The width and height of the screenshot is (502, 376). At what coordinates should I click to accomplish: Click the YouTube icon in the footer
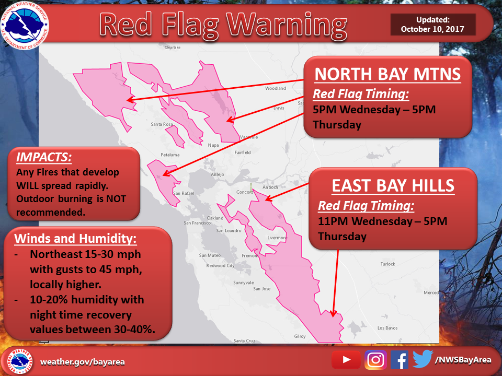pos(346,359)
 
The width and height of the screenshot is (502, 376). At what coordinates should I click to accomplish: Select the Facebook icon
pos(400,359)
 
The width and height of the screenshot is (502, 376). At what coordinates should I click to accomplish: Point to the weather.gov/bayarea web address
pos(83,361)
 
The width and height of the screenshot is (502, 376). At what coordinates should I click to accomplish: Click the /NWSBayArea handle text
pos(463,359)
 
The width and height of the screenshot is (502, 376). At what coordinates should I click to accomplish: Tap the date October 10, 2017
pos(432,29)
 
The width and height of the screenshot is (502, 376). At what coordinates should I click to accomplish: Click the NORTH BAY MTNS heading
pos(387,75)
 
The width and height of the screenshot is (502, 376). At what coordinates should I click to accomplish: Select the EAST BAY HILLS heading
pos(393,185)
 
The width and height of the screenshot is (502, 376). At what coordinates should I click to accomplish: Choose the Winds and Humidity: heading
pos(75,239)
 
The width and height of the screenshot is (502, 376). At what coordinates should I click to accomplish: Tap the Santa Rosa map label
pos(162,124)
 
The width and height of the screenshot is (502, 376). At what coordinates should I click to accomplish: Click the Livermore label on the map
pos(277,238)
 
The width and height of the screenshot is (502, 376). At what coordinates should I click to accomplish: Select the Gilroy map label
pos(300,336)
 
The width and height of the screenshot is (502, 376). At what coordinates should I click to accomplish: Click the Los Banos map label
pos(387,328)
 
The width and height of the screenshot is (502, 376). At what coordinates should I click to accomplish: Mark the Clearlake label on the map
pos(172,47)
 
